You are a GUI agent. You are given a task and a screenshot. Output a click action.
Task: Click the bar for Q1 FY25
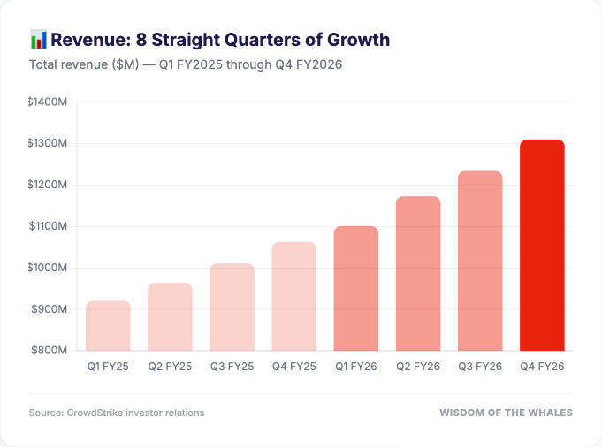coord(108,326)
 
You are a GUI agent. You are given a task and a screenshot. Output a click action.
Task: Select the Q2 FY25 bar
coord(170,317)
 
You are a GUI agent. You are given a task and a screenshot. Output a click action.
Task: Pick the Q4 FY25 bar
coord(293,297)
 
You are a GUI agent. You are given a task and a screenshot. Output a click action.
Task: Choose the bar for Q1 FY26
coord(356,289)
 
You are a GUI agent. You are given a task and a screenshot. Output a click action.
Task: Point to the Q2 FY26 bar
coord(418,274)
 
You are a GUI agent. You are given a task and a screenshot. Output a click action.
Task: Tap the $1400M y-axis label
coord(48,102)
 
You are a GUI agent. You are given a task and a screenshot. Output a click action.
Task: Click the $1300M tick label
coord(48,144)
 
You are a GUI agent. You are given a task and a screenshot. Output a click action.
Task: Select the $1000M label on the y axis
coord(48,268)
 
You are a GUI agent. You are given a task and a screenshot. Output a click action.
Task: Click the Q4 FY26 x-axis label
coord(542,366)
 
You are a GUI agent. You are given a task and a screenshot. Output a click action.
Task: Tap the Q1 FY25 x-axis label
coord(108,366)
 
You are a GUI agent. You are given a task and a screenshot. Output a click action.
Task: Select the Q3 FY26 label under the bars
coord(480,366)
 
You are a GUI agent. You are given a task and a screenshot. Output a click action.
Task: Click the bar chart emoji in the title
coord(38,40)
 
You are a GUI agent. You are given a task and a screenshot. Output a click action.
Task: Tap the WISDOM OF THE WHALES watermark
coord(506,413)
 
